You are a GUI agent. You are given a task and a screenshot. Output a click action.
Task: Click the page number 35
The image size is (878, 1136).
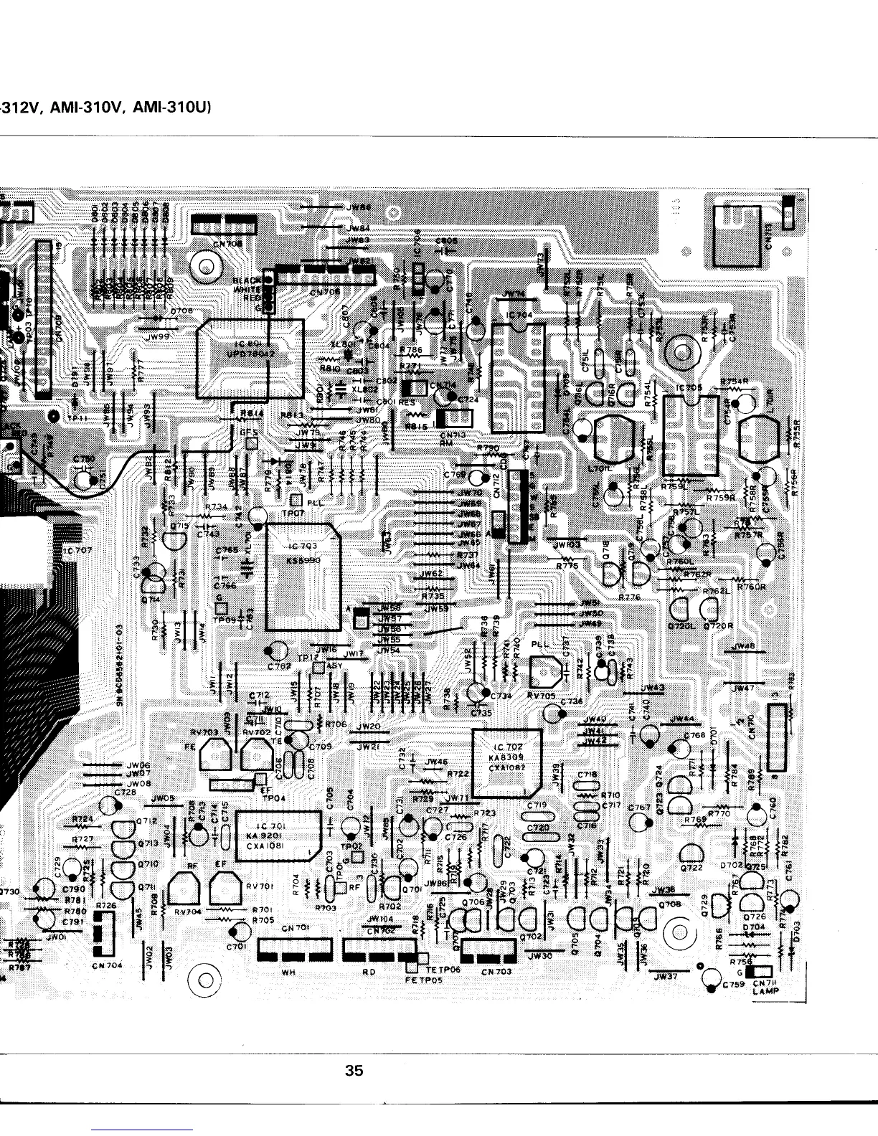354,1071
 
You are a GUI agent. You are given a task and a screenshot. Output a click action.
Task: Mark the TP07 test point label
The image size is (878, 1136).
291,513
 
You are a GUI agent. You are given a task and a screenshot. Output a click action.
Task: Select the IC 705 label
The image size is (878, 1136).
689,387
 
